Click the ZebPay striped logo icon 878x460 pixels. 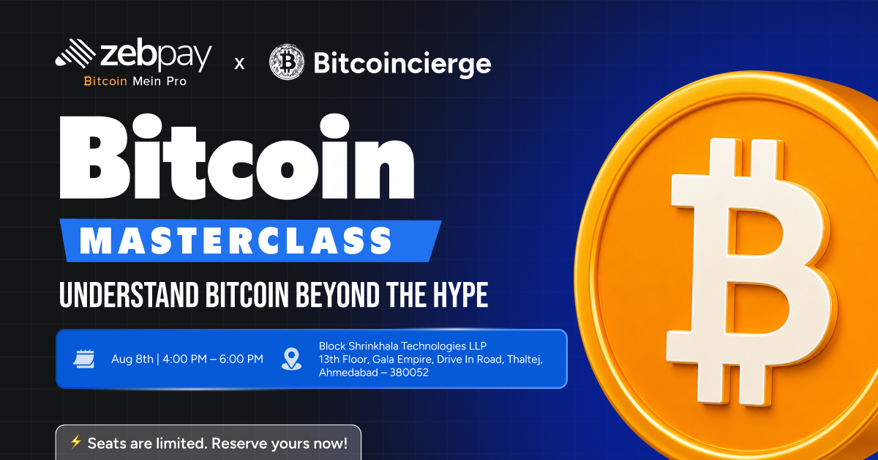(x=75, y=53)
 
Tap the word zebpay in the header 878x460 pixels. (x=156, y=56)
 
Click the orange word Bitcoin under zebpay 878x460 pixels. (x=105, y=81)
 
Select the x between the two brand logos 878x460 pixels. (x=239, y=64)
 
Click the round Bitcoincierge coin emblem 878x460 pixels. (x=288, y=62)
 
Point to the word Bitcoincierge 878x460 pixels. (x=402, y=64)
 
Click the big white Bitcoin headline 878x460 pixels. (x=237, y=157)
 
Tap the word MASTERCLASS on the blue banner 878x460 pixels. (x=236, y=240)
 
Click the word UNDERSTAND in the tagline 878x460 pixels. (x=129, y=294)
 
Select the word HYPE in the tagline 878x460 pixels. (x=460, y=294)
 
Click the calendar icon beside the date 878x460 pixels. (x=84, y=359)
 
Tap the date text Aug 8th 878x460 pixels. (x=132, y=359)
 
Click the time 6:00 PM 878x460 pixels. (x=241, y=359)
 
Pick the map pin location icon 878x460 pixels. (x=292, y=359)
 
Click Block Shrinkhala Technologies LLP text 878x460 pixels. (x=402, y=346)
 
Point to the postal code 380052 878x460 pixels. (x=409, y=373)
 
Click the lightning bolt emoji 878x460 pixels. (x=75, y=442)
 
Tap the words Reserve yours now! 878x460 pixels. (x=279, y=443)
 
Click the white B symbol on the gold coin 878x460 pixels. (x=748, y=272)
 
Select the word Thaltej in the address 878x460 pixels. (x=525, y=360)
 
